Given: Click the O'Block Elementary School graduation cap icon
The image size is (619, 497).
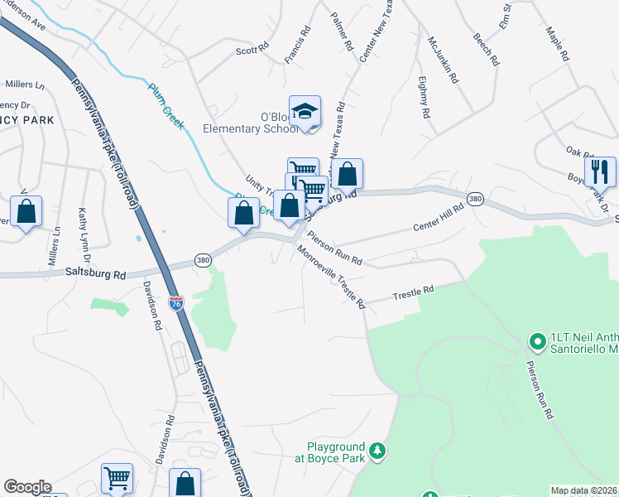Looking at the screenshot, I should [x=305, y=112].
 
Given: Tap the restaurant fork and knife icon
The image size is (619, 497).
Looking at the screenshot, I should [x=600, y=171].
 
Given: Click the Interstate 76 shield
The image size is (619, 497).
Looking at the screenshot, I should [x=175, y=303].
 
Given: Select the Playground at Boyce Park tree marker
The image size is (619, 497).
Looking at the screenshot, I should [x=377, y=450].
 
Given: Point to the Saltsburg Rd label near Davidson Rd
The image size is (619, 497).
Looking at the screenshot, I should [x=98, y=272].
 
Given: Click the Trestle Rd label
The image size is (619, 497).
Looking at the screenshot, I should [x=413, y=292].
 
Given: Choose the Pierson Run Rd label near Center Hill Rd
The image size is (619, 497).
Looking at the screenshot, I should [x=335, y=248].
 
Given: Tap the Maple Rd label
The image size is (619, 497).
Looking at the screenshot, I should [x=558, y=44].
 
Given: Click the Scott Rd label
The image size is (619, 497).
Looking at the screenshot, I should [x=252, y=50].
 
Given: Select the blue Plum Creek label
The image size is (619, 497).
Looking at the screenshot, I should [x=166, y=102].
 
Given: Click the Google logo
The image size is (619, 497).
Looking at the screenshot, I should [x=27, y=487].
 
